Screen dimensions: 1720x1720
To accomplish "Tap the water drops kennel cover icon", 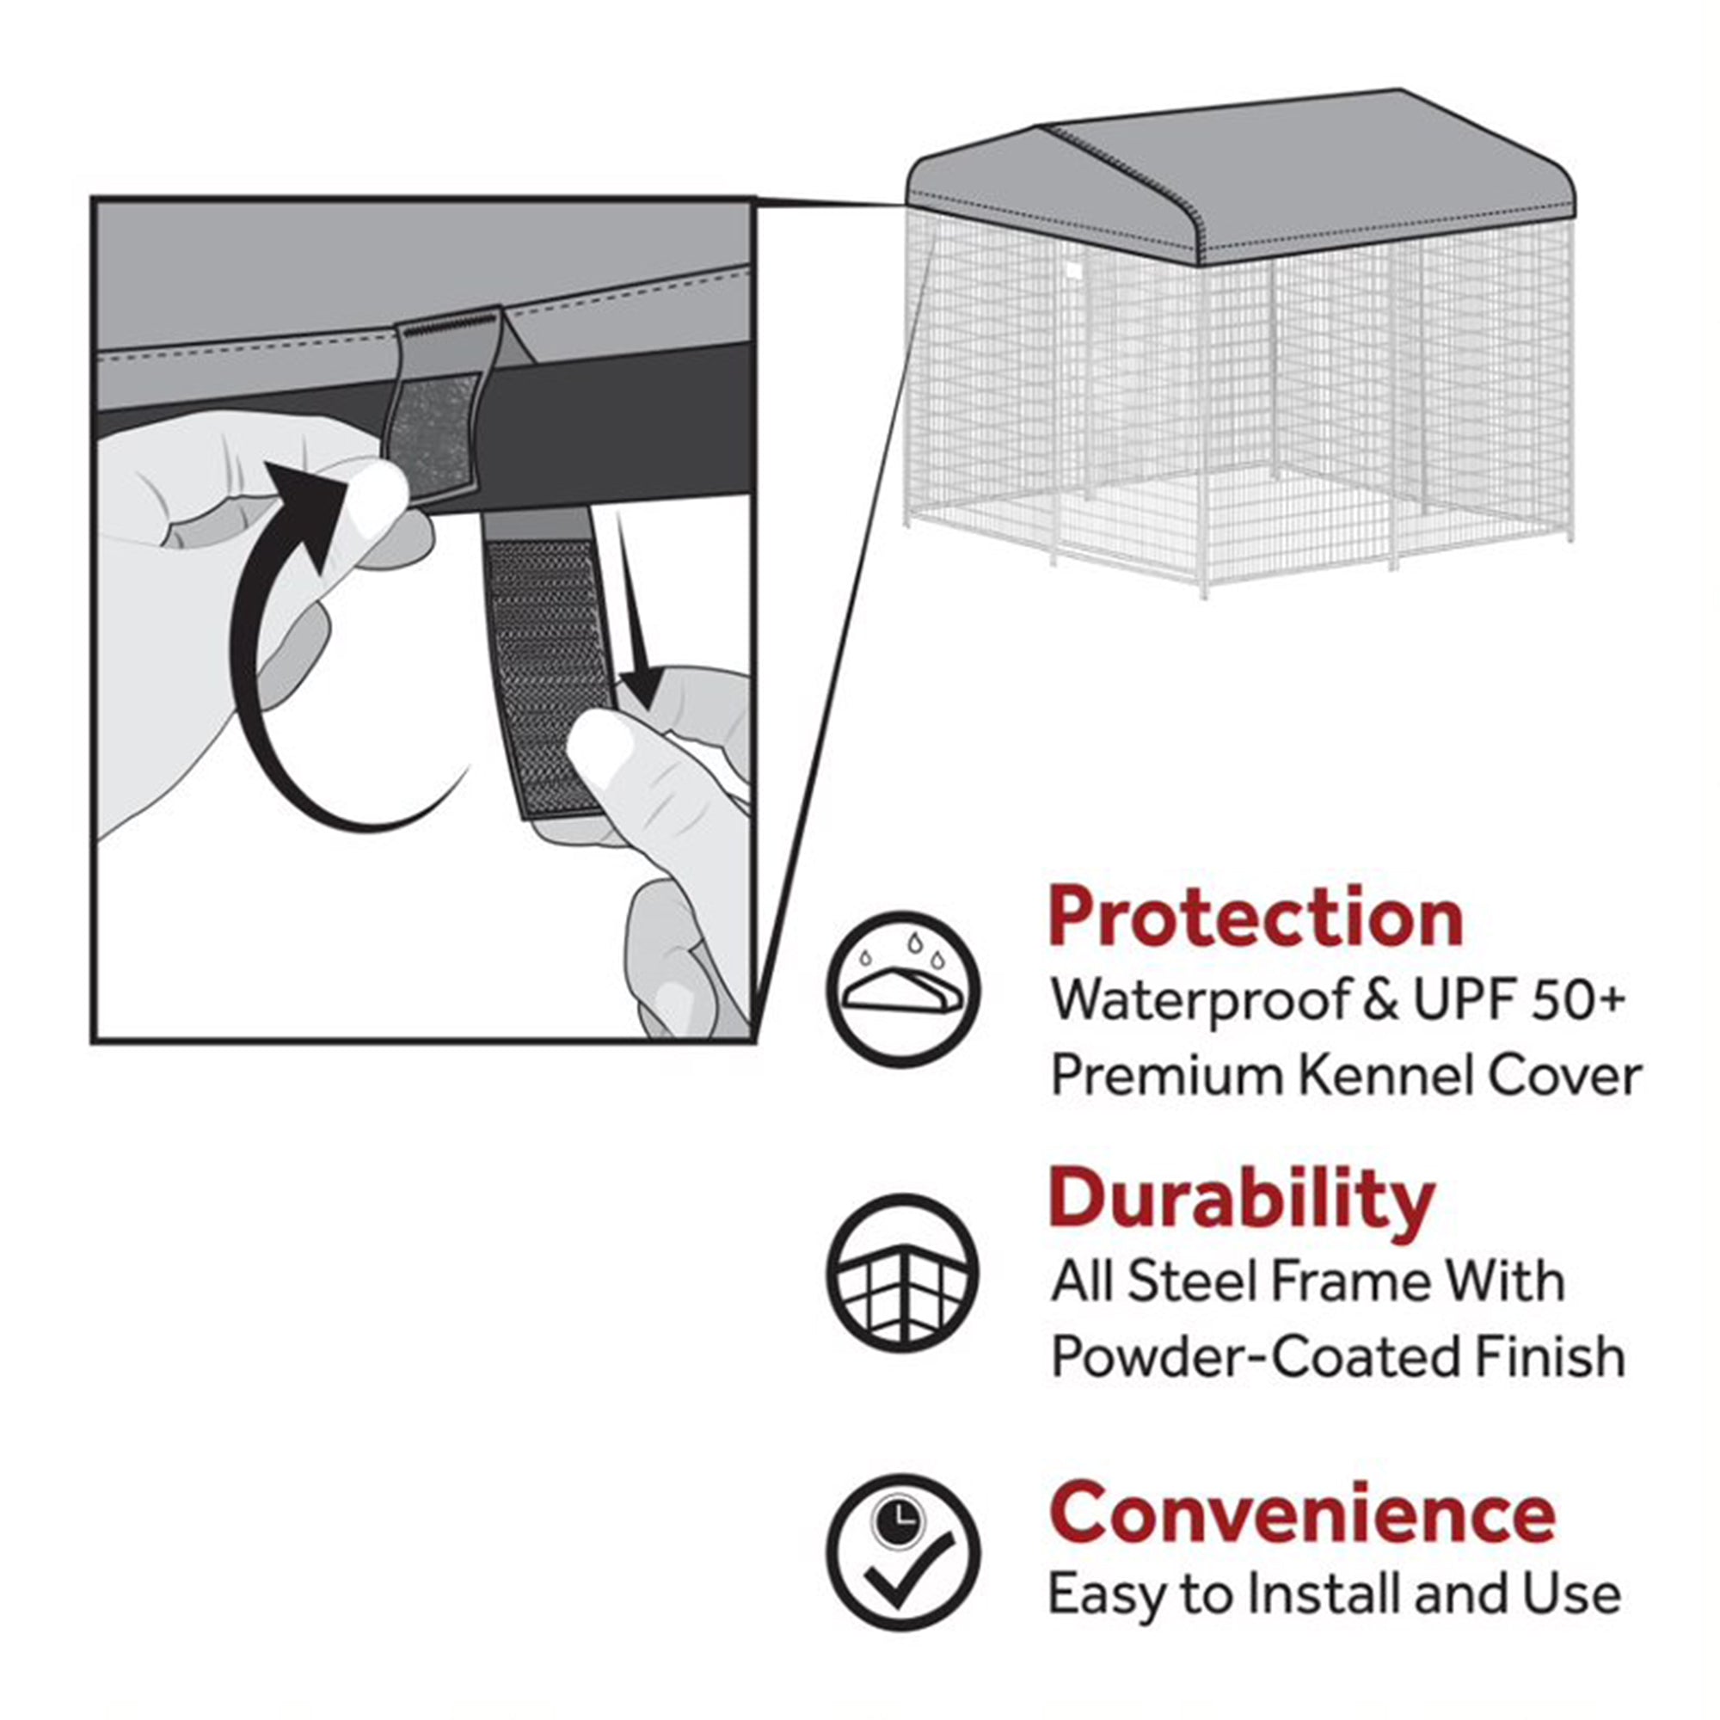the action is click(903, 989).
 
